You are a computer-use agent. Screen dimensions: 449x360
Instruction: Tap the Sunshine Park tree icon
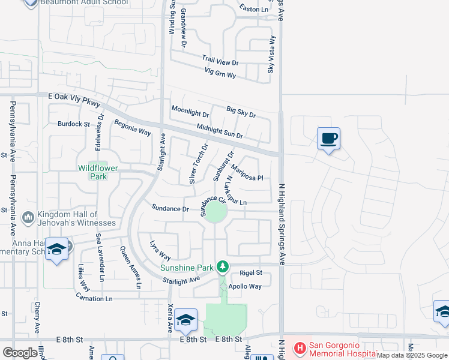pos(223,265)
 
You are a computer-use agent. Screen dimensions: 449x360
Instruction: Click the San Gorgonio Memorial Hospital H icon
pos(298,347)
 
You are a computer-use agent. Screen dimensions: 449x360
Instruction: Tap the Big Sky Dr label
pos(241,112)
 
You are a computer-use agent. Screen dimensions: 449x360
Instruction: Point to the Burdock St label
pos(73,124)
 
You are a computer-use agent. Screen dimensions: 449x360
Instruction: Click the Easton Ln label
pos(253,9)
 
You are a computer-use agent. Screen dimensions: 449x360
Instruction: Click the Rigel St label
pos(251,272)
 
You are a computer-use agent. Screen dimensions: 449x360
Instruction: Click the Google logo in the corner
pos(20,353)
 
